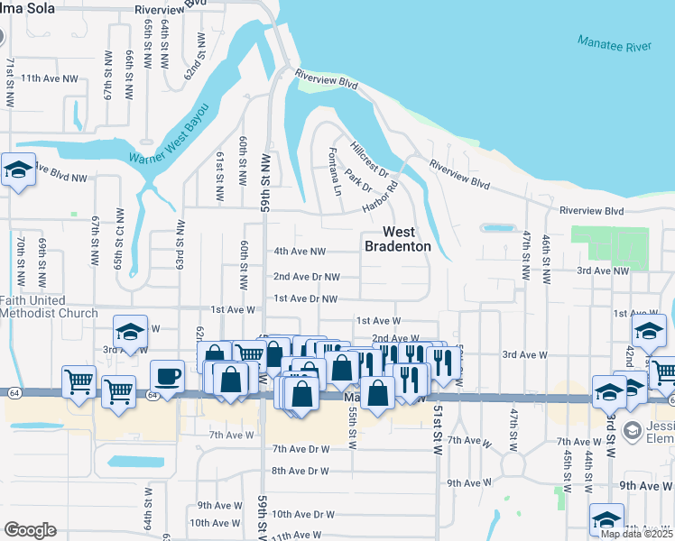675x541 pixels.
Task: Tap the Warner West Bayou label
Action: [169, 133]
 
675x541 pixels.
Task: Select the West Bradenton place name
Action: [397, 239]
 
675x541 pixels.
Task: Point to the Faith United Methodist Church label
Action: [49, 307]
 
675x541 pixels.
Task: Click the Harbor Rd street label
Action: [381, 200]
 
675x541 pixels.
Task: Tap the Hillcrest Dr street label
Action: [369, 159]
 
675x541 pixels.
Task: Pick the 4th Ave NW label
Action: [299, 252]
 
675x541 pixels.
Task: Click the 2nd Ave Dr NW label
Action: [307, 277]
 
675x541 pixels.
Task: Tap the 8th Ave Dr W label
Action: [301, 471]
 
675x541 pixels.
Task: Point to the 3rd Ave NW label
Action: [602, 270]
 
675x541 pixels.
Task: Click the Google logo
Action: [30, 530]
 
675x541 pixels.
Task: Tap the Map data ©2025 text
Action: [636, 534]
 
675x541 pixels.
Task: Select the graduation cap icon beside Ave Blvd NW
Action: [17, 170]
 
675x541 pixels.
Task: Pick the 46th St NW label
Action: [545, 257]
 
